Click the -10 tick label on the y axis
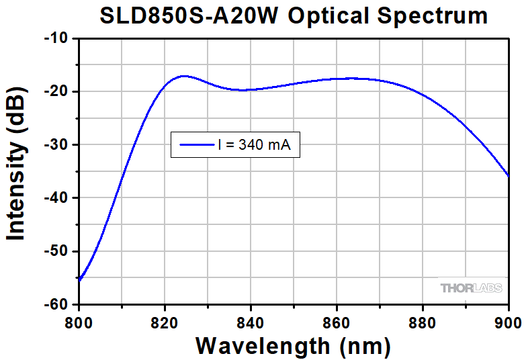(x=56, y=38)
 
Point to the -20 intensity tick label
(x=56, y=91)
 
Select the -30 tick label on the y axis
(x=56, y=144)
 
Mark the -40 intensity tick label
(x=56, y=197)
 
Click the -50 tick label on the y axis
(x=56, y=251)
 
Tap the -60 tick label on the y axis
(x=56, y=304)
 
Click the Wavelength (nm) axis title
(x=293, y=345)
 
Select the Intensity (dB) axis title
(x=16, y=171)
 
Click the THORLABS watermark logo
(x=470, y=288)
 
